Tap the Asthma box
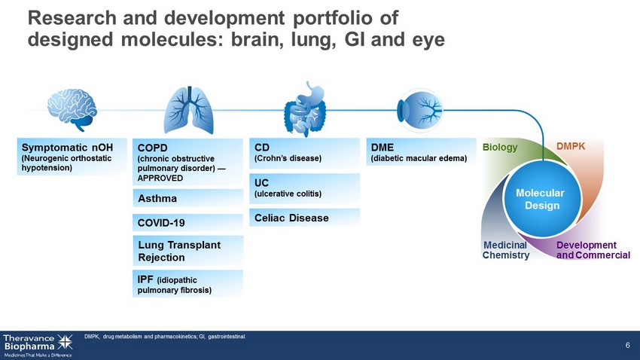(187, 199)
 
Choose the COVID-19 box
(187, 223)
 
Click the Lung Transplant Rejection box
(187, 251)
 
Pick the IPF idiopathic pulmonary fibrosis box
(187, 284)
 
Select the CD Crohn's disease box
(304, 153)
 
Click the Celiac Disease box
(304, 218)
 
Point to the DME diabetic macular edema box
(419, 153)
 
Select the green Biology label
(500, 148)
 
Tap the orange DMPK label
(571, 144)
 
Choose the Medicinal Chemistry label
(506, 250)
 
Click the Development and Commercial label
(593, 250)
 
